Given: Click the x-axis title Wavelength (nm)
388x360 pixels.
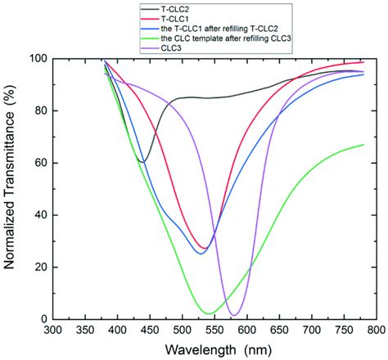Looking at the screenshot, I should click(x=213, y=351).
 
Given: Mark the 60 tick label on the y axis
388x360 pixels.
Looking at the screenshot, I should click(x=38, y=163).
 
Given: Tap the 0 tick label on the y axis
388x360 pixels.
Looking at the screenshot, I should click(x=41, y=319).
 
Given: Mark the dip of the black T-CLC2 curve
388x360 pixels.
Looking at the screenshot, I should click(x=142, y=162).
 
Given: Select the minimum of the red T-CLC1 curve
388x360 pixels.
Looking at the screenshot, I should click(x=203, y=248).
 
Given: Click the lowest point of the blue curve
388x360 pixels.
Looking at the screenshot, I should click(x=200, y=253).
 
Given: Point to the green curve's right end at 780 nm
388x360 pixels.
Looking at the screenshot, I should click(x=363, y=145).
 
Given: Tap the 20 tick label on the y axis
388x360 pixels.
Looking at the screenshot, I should click(x=38, y=267).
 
